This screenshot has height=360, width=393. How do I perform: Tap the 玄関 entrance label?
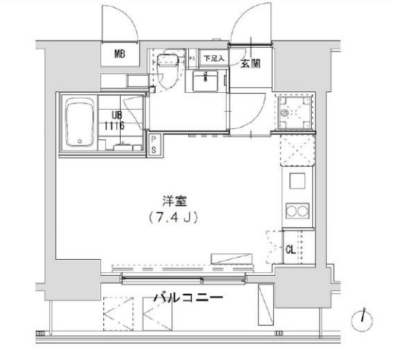point(251,62)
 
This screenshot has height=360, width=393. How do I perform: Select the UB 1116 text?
point(116,120)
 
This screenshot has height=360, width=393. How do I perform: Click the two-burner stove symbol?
point(297,211)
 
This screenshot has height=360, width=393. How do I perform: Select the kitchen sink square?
point(297,180)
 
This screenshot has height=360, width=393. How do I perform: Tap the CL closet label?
point(290,250)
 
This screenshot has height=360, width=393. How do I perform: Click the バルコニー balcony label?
point(185,298)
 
